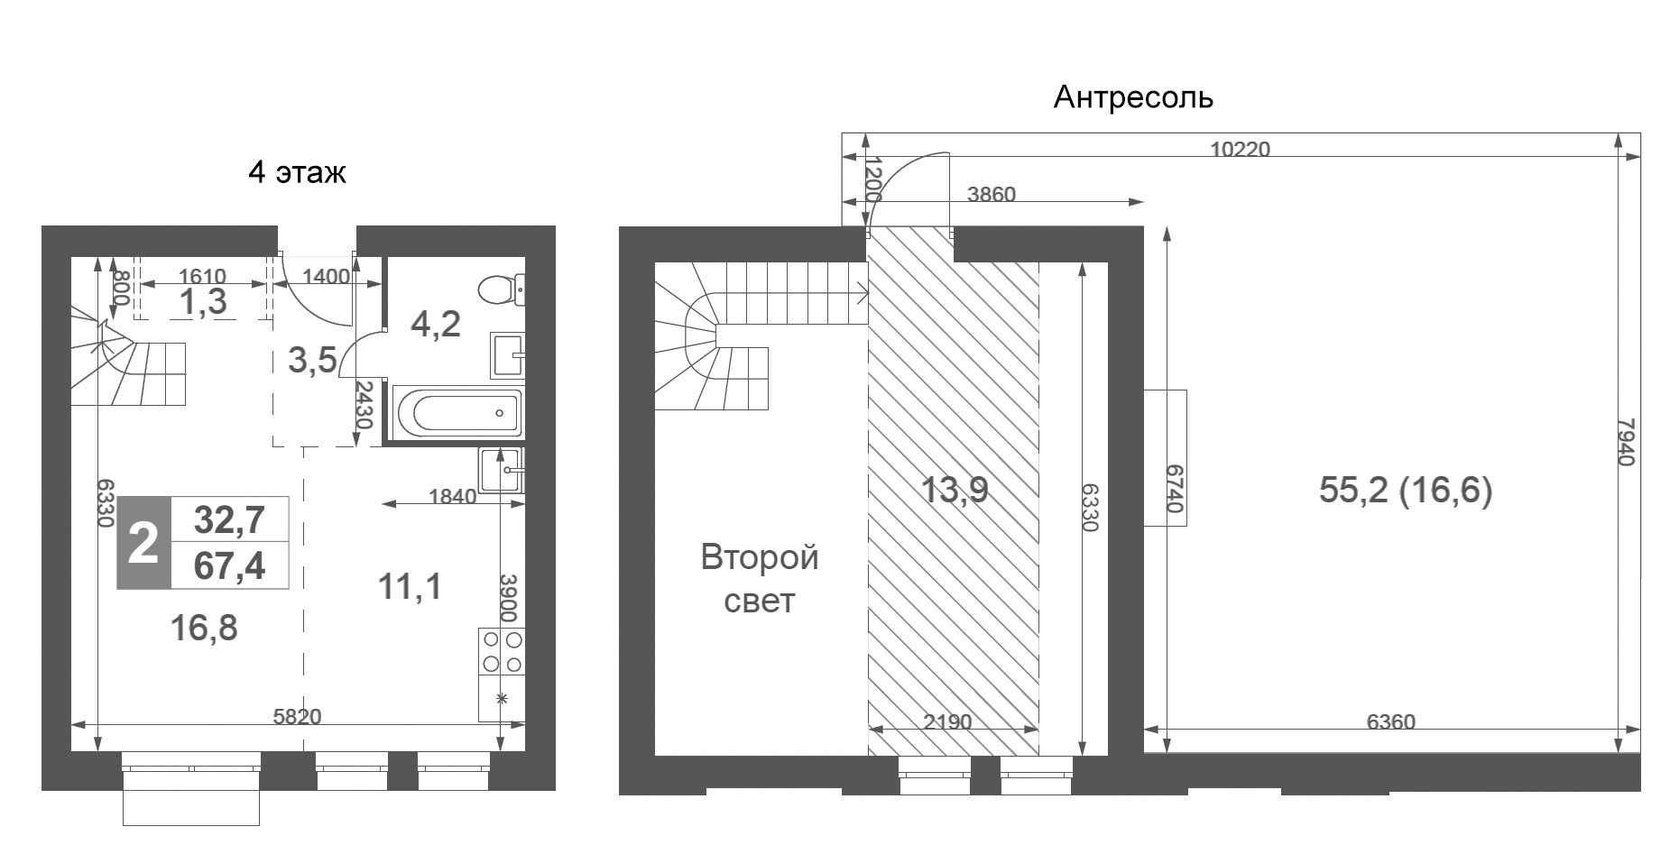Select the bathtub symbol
click(x=457, y=413)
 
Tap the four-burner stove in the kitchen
click(x=502, y=652)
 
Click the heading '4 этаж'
click(x=297, y=171)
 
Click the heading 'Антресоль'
click(x=1133, y=97)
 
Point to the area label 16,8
click(x=204, y=628)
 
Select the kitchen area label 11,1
click(x=410, y=587)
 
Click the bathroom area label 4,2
click(x=436, y=323)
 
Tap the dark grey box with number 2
click(x=144, y=543)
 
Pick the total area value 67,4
click(x=230, y=566)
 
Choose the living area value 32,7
click(x=230, y=519)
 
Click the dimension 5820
click(x=297, y=717)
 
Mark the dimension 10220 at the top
click(x=1240, y=149)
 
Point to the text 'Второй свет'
click(x=760, y=578)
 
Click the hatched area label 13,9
click(x=955, y=490)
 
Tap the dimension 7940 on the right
click(x=1625, y=441)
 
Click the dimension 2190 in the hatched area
click(x=948, y=721)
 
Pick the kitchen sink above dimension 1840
click(x=501, y=470)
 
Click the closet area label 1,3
click(x=203, y=302)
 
